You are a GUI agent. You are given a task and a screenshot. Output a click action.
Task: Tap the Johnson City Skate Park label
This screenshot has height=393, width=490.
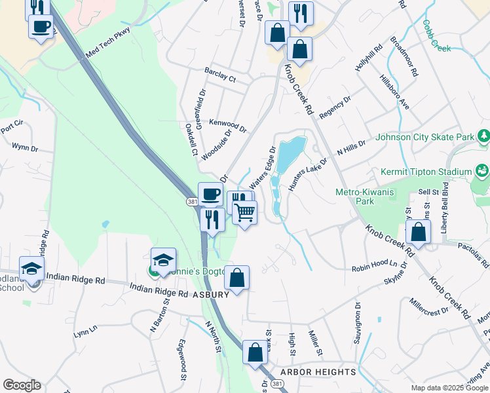[x=425, y=138]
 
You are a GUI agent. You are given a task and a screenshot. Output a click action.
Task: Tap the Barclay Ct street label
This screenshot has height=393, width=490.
[x=219, y=75]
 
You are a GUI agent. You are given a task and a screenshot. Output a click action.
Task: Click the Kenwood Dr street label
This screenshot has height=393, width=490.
[x=227, y=124]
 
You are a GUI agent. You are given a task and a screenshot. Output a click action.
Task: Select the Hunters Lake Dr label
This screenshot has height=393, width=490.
[x=307, y=174]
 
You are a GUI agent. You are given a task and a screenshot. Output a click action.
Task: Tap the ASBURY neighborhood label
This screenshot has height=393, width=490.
[x=211, y=295]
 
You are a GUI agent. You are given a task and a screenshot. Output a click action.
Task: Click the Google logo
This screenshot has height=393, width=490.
[x=22, y=384]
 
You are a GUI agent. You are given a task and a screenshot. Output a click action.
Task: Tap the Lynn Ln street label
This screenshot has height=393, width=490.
[x=85, y=333]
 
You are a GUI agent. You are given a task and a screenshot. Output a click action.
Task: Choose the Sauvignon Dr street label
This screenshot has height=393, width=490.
[x=358, y=320]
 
